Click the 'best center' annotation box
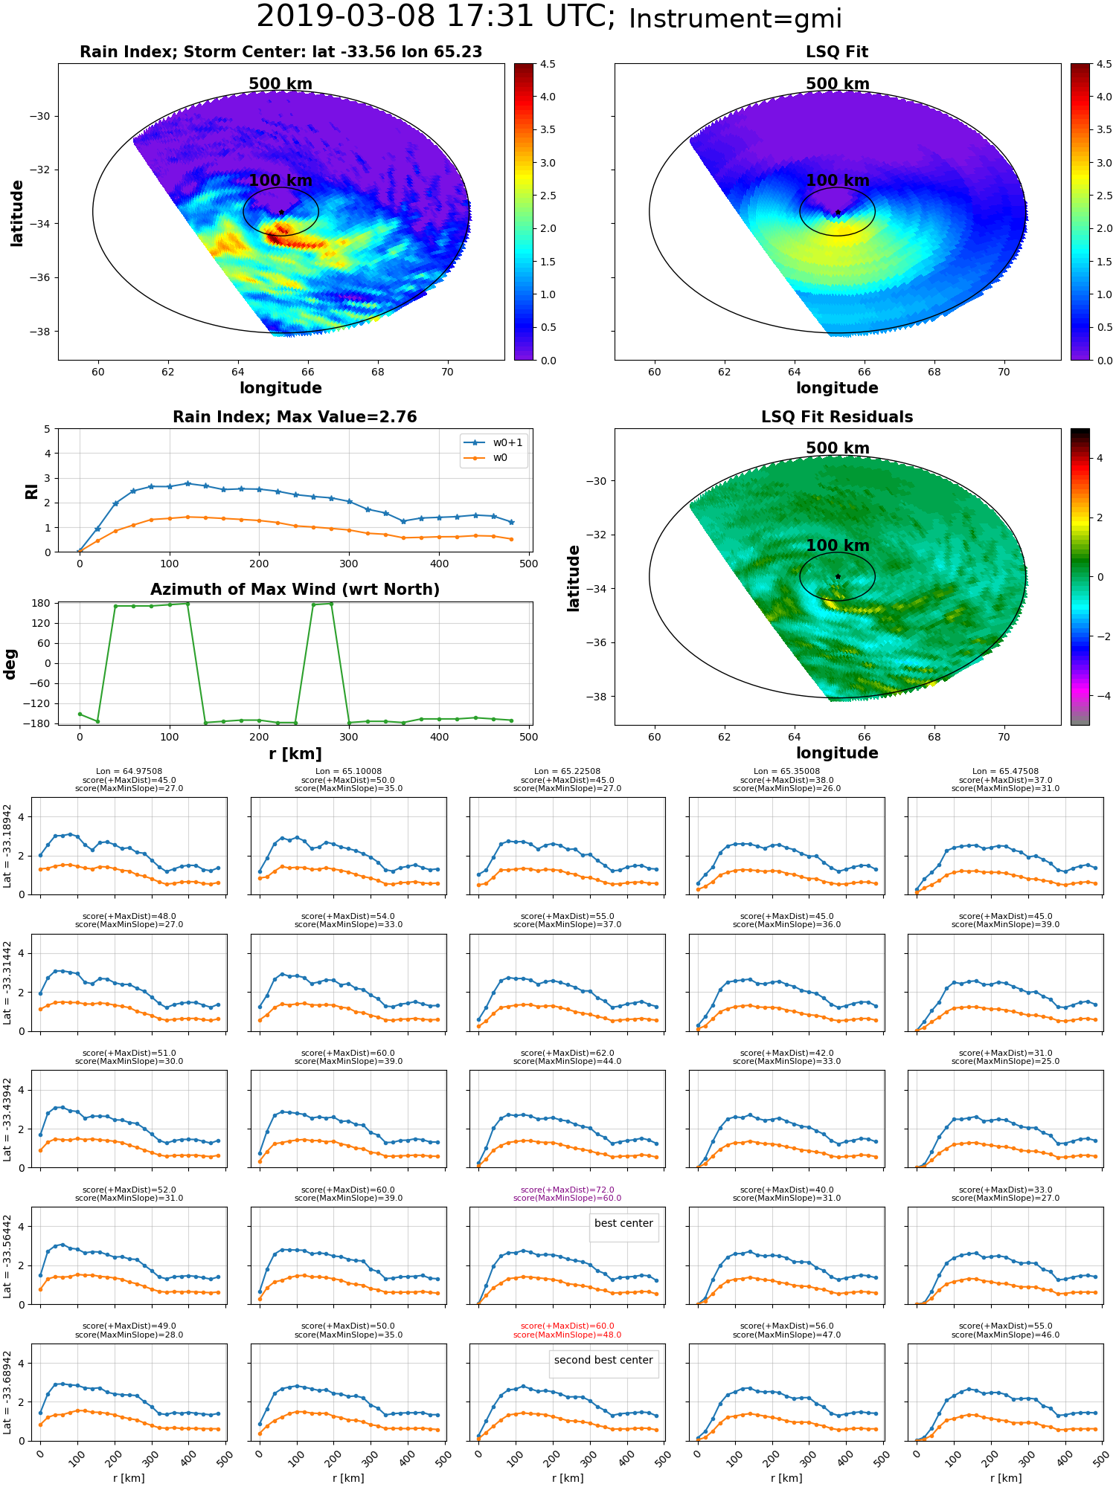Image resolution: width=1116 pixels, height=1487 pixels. click(x=623, y=1223)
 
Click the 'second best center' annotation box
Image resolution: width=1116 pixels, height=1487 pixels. click(x=603, y=1360)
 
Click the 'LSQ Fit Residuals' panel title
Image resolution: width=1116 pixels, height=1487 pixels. click(x=837, y=417)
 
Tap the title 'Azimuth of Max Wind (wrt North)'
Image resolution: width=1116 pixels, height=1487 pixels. click(x=295, y=590)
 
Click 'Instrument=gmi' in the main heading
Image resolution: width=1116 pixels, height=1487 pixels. click(x=735, y=19)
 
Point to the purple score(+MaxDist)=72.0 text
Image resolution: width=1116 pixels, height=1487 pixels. click(x=568, y=1190)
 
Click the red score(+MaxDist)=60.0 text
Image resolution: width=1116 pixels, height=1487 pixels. click(x=568, y=1326)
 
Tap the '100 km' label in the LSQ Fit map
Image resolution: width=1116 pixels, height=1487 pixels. click(x=838, y=180)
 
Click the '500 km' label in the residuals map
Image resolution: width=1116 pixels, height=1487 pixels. click(x=838, y=448)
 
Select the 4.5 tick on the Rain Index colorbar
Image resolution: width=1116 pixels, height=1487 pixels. click(x=547, y=64)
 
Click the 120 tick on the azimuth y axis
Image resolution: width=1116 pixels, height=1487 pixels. click(x=42, y=623)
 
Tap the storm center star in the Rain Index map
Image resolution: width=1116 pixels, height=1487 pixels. click(x=281, y=213)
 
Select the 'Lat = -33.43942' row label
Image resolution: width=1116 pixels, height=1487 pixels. click(x=7, y=1119)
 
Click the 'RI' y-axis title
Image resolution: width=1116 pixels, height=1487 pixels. click(x=32, y=491)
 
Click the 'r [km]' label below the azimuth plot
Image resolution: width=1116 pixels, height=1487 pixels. click(x=295, y=754)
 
